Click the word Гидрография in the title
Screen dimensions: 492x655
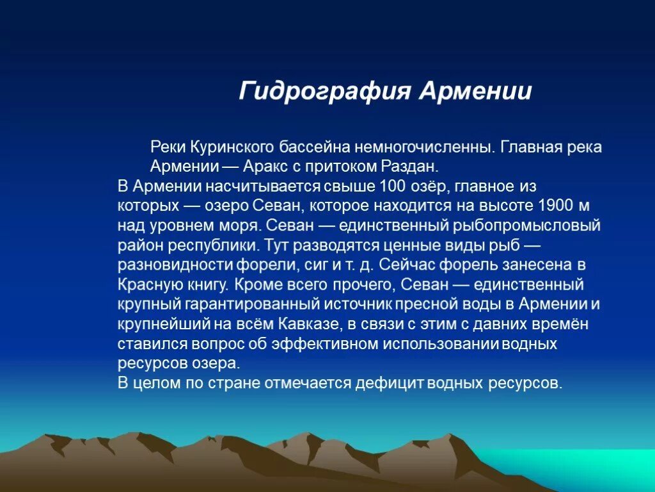coord(324,91)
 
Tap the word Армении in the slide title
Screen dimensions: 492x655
coord(475,91)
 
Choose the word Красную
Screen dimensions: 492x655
coord(145,284)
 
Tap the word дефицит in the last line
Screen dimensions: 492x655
coord(391,383)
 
